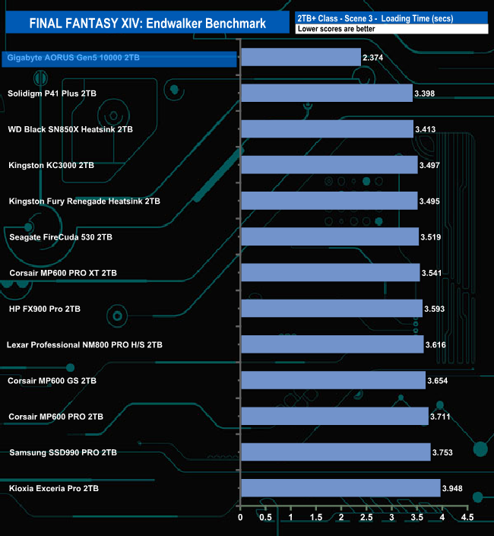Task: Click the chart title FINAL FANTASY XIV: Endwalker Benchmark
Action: (x=147, y=23)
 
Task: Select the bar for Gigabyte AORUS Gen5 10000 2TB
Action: (x=301, y=57)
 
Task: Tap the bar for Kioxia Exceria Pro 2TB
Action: (x=340, y=488)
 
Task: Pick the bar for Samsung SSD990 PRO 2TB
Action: (x=336, y=452)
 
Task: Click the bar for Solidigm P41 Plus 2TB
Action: (x=327, y=94)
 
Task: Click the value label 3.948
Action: (x=454, y=489)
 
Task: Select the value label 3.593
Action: (x=436, y=309)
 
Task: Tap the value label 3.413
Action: (x=427, y=130)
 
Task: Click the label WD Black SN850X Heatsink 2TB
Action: (x=70, y=129)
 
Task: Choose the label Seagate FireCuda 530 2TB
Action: (x=61, y=237)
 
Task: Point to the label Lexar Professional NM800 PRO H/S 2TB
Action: (x=84, y=344)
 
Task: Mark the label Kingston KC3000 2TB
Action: (x=51, y=165)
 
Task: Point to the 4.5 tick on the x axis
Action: (x=467, y=518)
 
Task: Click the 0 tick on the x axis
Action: (x=241, y=518)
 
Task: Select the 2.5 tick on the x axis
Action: (x=367, y=518)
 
